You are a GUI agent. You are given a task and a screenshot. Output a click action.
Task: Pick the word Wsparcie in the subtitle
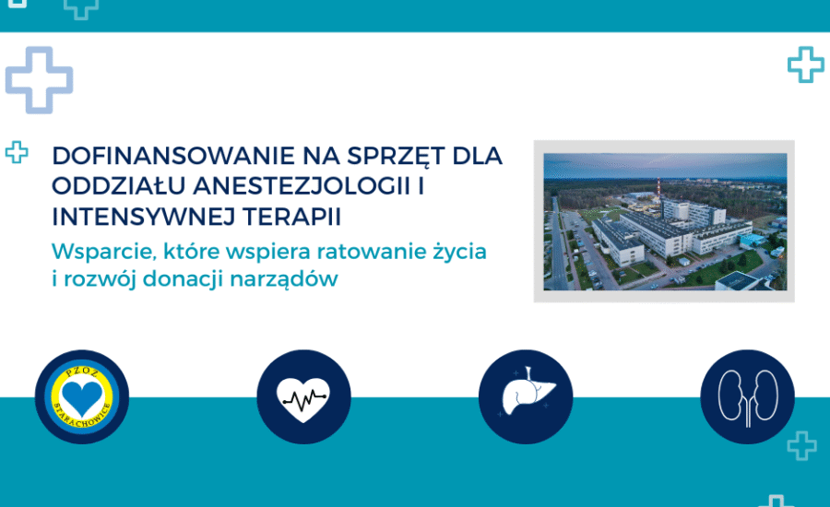click(103, 252)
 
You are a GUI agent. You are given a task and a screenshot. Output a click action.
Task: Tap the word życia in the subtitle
click(459, 252)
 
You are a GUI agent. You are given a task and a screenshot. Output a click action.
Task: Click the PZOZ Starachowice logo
click(82, 396)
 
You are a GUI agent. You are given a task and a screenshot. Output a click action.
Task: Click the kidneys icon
click(747, 396)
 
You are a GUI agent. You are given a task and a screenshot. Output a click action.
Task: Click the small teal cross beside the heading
click(17, 152)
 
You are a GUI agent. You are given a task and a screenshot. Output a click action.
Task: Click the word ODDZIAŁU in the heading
click(119, 186)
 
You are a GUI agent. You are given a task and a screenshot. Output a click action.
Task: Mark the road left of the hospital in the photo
click(557, 243)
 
